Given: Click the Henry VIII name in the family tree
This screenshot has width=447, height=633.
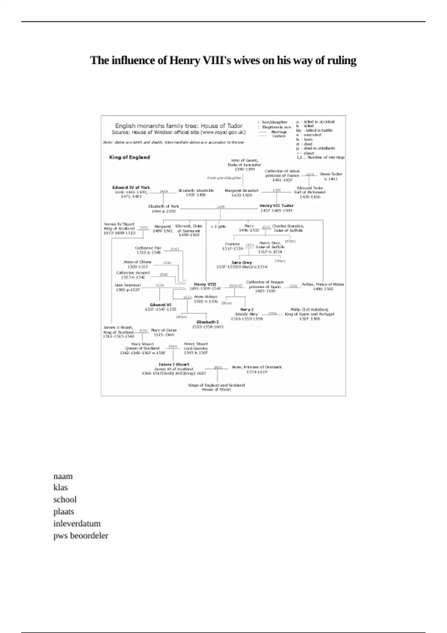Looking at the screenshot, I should pos(205,284).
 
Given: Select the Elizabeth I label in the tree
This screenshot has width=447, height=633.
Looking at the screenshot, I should pos(207,322).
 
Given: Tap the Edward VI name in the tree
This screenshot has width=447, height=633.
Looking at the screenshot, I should pos(161,305).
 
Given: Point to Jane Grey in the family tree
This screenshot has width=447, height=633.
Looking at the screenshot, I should pos(242,263).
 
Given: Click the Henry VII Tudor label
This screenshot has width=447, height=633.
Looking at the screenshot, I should pos(276,206).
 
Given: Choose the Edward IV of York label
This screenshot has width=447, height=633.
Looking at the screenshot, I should pos(131,188).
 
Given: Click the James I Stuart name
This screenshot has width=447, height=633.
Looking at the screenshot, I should pos(174,365).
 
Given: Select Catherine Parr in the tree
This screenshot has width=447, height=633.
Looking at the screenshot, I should pos(148,248).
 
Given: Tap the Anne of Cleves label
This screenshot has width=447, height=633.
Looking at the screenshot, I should pos(137,262).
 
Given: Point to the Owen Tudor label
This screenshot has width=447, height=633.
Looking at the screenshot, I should pos(331,174).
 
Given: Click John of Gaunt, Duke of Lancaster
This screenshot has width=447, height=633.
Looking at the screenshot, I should pos(244,162).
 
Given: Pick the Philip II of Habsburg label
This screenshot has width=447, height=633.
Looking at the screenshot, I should pos(309,309).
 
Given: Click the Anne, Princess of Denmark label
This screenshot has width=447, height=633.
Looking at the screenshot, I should pos(257,367).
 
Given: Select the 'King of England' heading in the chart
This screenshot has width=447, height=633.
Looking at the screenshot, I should pos(130,157).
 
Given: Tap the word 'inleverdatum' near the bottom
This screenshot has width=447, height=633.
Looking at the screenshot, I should pos(77,524).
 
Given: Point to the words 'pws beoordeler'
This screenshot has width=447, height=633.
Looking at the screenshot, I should pos(81,535).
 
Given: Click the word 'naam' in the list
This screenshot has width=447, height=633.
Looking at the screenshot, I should pos(63,476).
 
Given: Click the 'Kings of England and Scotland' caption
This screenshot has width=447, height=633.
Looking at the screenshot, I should pos(216,385).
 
